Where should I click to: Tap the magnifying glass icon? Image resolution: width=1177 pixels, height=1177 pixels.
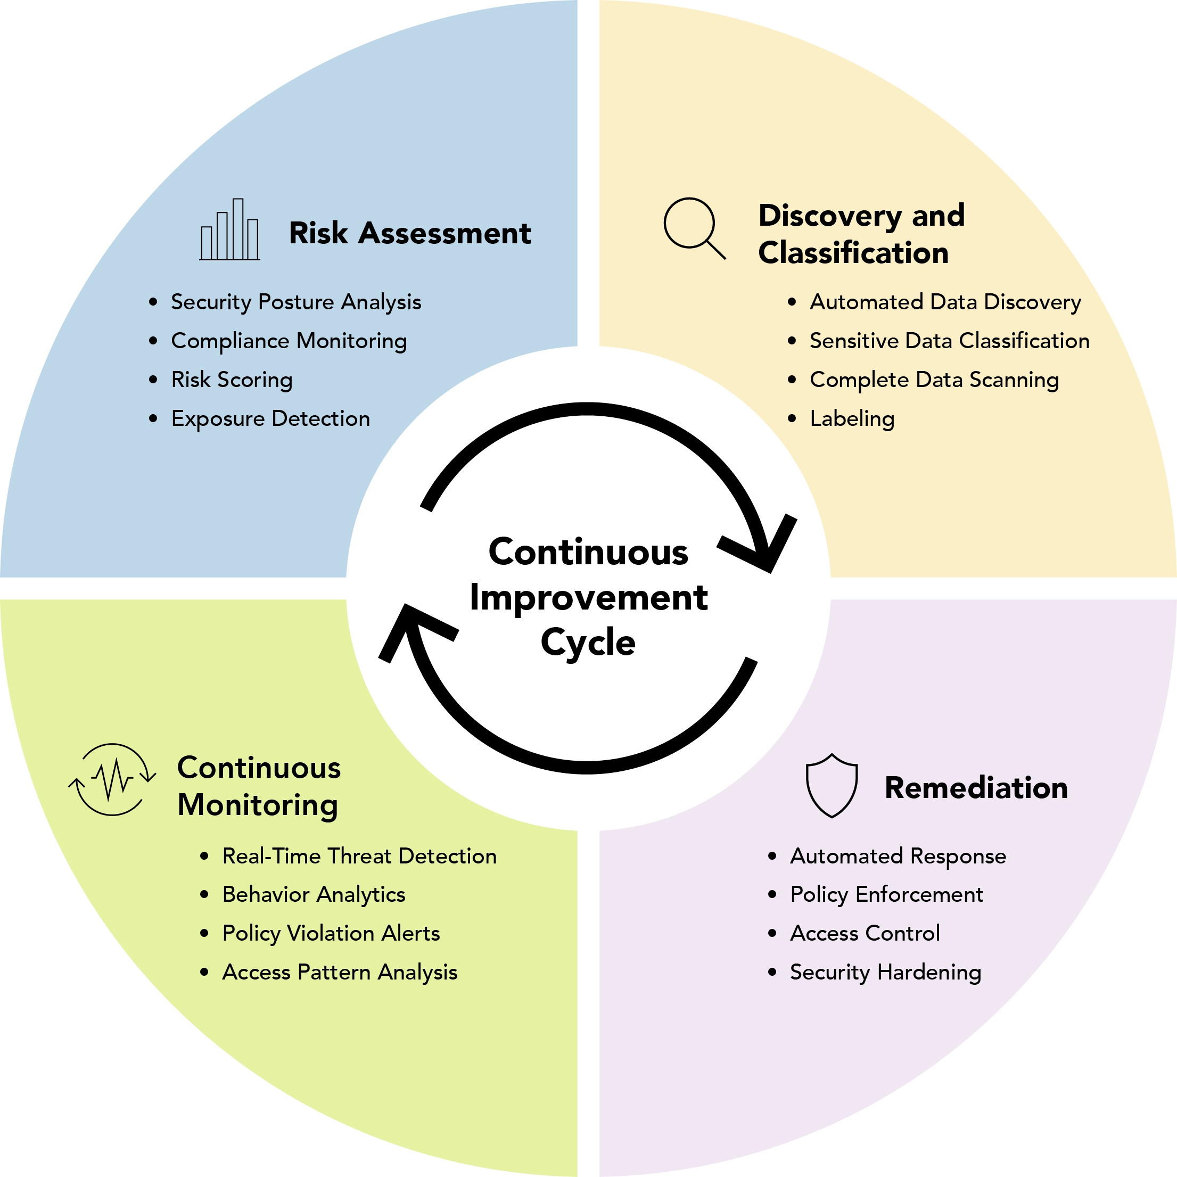tap(693, 227)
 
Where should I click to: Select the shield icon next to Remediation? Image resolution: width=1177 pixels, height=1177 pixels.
tap(832, 785)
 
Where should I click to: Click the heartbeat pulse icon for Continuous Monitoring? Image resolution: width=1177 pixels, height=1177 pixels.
tap(112, 779)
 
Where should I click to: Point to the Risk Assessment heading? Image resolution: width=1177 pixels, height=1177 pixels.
tap(409, 233)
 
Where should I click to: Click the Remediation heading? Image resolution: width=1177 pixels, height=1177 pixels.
tap(976, 788)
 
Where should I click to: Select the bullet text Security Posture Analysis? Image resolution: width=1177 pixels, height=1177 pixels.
tap(296, 302)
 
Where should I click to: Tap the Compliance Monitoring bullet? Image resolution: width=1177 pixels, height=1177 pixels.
tap(289, 341)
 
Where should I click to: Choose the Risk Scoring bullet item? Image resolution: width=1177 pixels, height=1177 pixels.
tap(232, 380)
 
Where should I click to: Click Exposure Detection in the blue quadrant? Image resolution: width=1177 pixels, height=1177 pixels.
tap(270, 418)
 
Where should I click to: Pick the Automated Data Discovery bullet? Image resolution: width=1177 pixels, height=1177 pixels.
tap(945, 302)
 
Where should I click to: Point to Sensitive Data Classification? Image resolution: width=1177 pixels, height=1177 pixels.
tap(949, 341)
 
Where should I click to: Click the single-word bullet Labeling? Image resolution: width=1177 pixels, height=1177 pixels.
tap(852, 418)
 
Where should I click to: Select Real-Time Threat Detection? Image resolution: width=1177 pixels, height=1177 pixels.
tap(359, 856)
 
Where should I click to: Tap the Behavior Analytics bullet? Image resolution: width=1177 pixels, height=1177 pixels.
tap(314, 894)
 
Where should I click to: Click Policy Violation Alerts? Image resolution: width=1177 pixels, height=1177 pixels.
tap(331, 933)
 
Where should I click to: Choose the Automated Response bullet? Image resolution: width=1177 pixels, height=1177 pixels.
tap(898, 856)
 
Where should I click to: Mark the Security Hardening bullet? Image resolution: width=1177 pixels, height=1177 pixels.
tap(885, 972)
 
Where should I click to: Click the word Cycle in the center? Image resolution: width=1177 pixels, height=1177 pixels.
tap(588, 643)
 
